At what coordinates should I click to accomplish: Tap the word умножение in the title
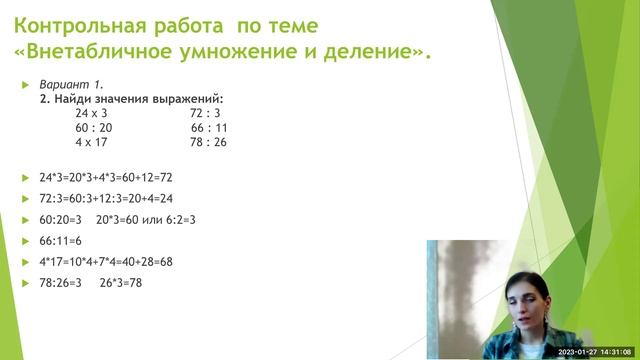tap(253, 50)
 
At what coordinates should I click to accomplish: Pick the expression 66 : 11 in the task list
tap(209, 128)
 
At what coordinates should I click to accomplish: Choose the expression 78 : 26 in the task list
tap(209, 142)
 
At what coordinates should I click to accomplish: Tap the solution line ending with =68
tap(106, 261)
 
